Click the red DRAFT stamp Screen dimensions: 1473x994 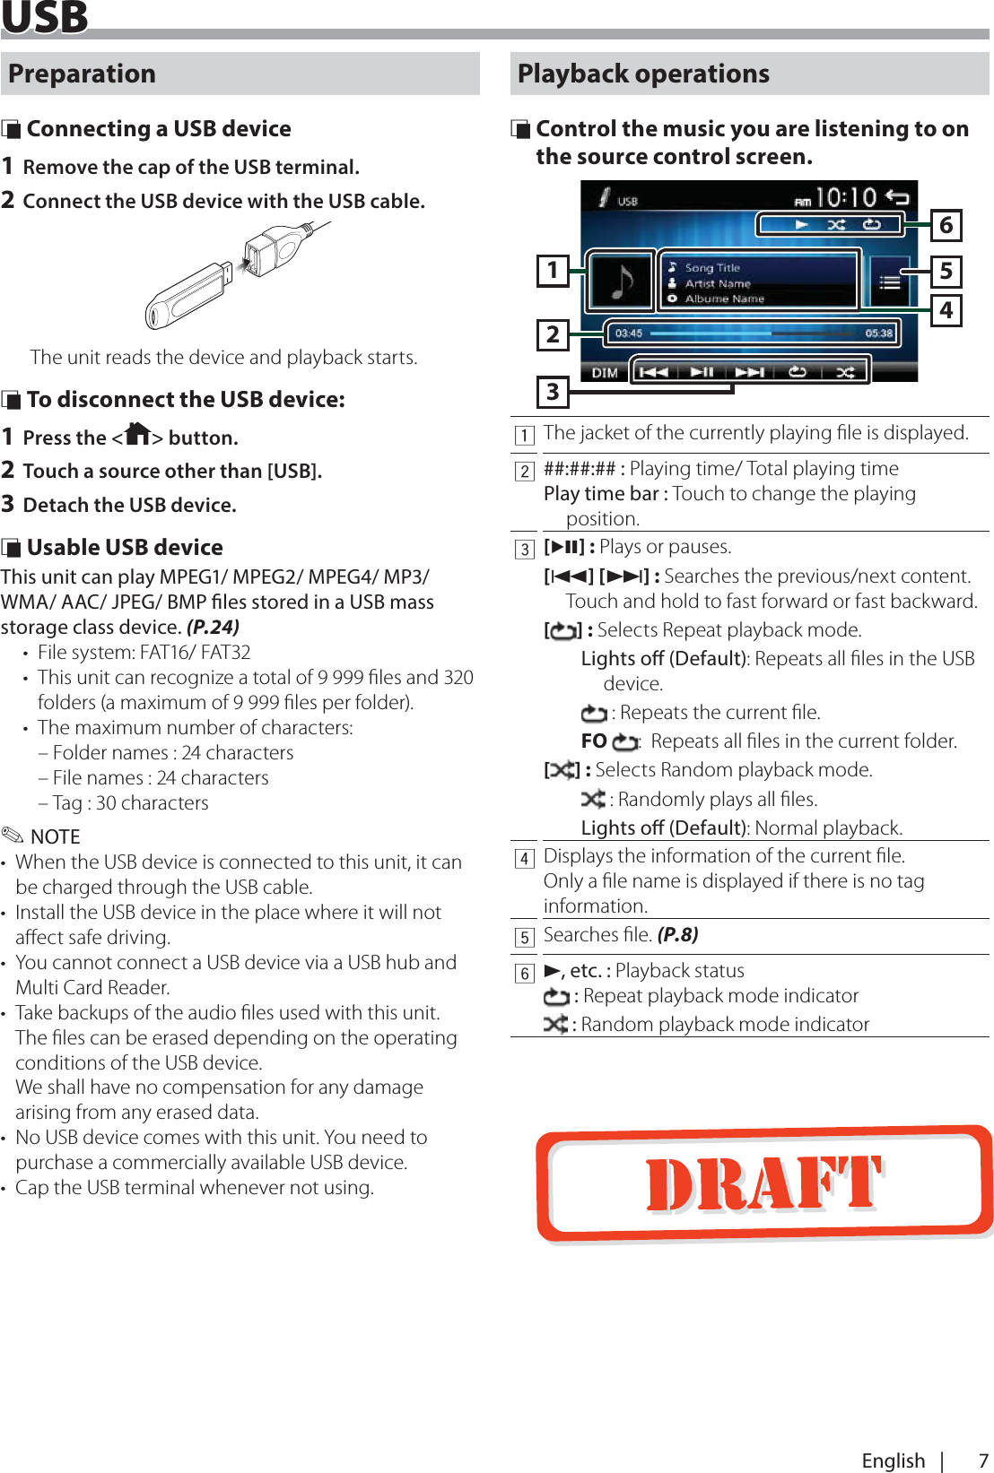[764, 1183]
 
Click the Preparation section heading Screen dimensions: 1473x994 [83, 74]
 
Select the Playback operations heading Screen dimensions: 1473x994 [643, 74]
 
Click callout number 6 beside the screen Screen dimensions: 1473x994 [946, 225]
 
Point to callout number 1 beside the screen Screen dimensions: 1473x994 [553, 270]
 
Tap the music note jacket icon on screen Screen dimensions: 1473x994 [622, 281]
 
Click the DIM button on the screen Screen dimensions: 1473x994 [605, 373]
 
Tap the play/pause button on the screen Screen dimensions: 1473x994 [702, 372]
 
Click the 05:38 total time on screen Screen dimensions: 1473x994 [878, 334]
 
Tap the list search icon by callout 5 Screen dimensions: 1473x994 [889, 282]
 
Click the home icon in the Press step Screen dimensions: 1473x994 [137, 435]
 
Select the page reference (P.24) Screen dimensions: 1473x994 [213, 627]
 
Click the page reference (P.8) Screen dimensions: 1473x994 [677, 935]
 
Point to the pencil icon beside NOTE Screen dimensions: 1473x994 [13, 836]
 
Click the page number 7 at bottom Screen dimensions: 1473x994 [982, 1460]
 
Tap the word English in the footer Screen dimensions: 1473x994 [893, 1460]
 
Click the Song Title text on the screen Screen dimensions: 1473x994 [712, 268]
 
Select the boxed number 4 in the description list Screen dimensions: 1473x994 [525, 859]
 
